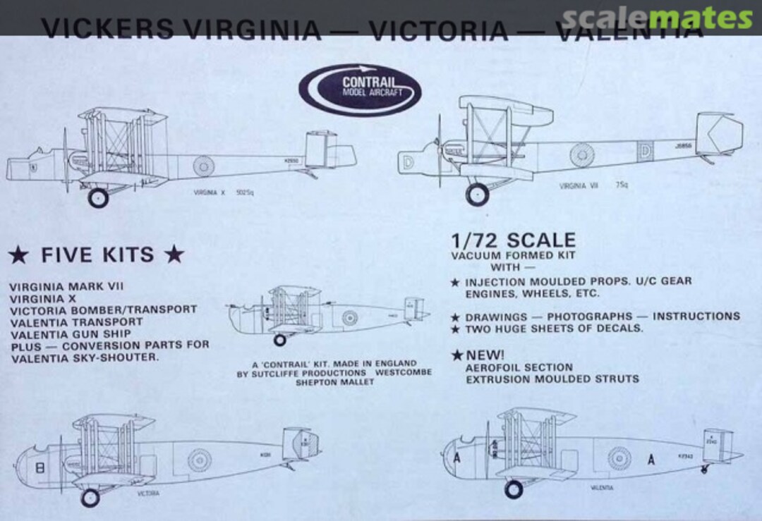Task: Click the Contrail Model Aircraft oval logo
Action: (x=360, y=90)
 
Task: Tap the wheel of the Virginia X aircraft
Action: (x=98, y=197)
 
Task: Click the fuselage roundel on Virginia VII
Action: (x=583, y=154)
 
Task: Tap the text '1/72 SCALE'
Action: (x=514, y=240)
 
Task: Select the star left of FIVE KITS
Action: (x=20, y=255)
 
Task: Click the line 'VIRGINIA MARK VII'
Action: (x=66, y=287)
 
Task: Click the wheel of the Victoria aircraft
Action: (x=90, y=498)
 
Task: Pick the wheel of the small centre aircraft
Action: (x=280, y=340)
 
